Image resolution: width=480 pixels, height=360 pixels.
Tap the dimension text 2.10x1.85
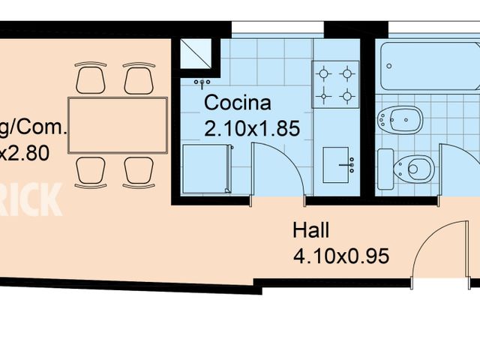tap(252, 128)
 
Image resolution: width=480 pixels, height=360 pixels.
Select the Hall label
tap(310, 230)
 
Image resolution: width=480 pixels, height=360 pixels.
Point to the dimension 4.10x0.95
tap(341, 256)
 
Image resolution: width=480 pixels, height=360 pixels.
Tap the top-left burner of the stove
tap(325, 73)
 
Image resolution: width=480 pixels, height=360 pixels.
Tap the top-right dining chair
tap(139, 79)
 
